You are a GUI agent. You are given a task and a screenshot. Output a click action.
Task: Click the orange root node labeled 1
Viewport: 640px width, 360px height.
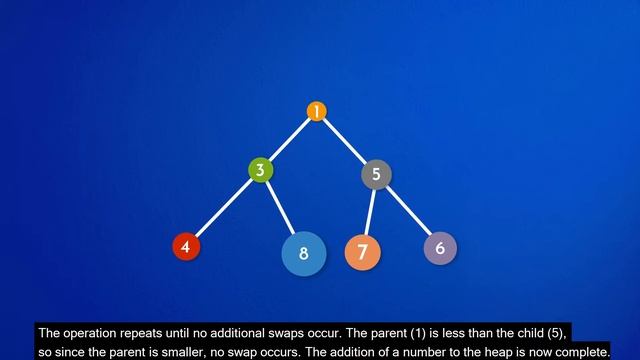coord(316,112)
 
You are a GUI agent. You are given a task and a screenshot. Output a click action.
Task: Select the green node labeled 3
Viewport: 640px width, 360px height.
coord(260,169)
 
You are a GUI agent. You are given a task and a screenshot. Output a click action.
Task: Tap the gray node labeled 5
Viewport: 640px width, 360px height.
coord(376,174)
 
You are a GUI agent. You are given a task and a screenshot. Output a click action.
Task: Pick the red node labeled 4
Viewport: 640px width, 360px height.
coord(185,246)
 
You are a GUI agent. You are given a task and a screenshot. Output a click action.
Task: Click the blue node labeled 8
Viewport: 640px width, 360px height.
coord(303,253)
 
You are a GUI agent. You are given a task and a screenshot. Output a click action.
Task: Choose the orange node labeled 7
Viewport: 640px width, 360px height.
coord(362,251)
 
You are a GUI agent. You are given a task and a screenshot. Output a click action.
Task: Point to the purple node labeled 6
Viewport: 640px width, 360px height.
coord(440,247)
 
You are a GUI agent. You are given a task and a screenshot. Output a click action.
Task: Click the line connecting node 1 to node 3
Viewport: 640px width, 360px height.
coord(289,140)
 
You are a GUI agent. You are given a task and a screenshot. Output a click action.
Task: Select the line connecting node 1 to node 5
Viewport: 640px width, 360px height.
coord(346,142)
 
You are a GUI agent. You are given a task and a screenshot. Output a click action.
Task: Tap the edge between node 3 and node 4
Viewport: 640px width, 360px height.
coord(222,208)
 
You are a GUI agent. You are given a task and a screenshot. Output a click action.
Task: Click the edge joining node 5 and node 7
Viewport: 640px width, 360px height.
coord(370,209)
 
